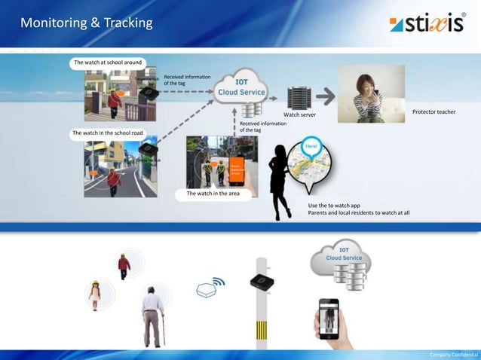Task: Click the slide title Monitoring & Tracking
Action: click(86, 23)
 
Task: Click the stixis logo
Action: click(427, 23)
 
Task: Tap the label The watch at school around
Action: click(107, 63)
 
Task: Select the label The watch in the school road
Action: click(107, 133)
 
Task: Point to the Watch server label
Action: click(300, 116)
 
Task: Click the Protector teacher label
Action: click(434, 112)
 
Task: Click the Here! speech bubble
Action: click(312, 146)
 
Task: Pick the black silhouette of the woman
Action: click(280, 181)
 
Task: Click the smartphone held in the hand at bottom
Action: click(328, 319)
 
